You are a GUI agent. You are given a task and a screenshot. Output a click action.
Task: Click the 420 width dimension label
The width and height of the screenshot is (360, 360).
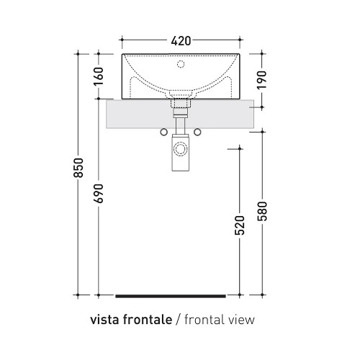(x=181, y=41)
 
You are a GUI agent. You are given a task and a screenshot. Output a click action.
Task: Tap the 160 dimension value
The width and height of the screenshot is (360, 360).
(x=99, y=76)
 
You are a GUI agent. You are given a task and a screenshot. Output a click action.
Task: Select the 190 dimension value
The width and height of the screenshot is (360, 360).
(x=262, y=80)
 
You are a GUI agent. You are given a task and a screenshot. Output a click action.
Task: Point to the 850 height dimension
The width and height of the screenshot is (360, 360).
(x=78, y=168)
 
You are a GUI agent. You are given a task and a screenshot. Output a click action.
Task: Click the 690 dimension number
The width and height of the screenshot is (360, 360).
(x=99, y=193)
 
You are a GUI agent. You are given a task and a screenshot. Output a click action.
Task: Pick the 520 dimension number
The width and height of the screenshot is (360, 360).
(x=240, y=225)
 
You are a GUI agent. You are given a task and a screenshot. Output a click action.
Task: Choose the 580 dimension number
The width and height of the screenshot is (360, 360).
(x=262, y=211)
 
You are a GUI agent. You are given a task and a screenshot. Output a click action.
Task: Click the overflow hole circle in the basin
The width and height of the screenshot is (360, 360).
(x=181, y=64)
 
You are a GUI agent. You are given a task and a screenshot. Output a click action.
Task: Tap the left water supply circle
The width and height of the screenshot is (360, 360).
(x=164, y=132)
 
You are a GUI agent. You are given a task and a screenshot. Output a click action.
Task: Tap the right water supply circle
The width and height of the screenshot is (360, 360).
(x=197, y=132)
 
